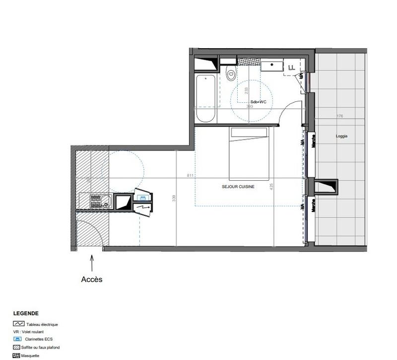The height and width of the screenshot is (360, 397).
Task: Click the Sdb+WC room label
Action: click(259, 101)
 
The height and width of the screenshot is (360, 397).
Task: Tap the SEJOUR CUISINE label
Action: click(238, 187)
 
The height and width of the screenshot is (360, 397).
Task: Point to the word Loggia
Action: click(341, 136)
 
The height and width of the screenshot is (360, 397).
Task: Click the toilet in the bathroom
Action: click(230, 75)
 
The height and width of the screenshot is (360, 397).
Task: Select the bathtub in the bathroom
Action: click(205, 98)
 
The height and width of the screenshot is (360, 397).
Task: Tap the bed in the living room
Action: click(249, 153)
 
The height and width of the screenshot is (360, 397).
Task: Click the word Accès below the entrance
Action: click(91, 280)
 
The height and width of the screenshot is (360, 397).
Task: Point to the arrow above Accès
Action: click(91, 263)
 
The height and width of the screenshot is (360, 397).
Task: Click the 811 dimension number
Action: click(191, 176)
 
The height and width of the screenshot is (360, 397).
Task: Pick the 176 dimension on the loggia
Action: click(339, 116)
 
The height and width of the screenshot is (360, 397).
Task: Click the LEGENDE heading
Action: click(26, 314)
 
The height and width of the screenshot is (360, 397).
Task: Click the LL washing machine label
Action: click(291, 66)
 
